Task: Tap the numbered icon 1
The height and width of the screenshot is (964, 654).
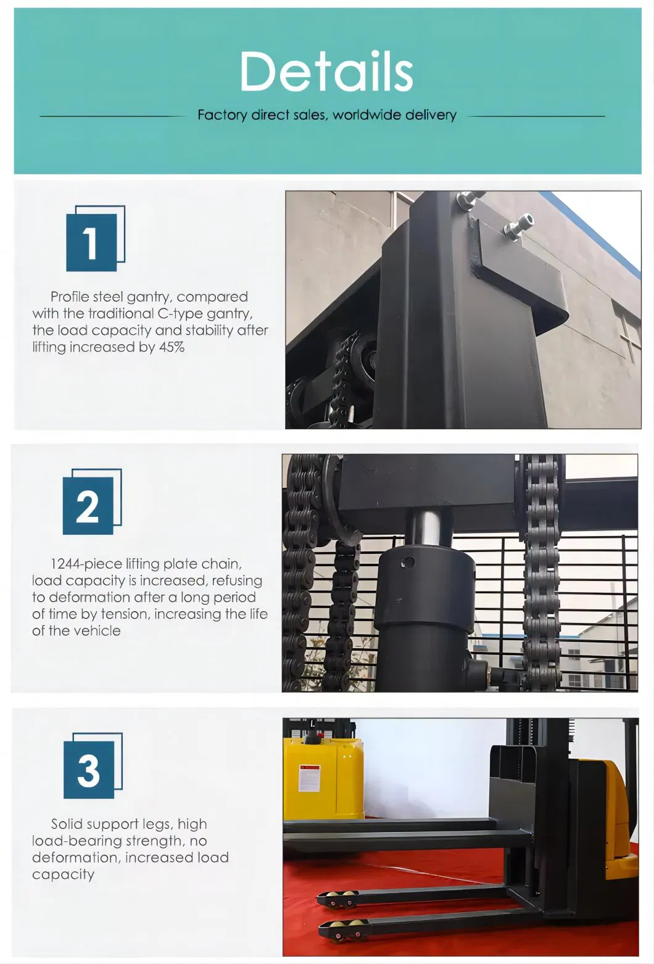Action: (x=95, y=239)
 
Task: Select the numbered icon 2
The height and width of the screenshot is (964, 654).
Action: (x=92, y=501)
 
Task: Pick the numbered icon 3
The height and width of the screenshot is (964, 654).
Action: (x=93, y=765)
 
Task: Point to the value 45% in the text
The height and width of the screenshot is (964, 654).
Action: (x=172, y=347)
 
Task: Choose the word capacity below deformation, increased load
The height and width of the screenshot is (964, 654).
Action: (x=63, y=875)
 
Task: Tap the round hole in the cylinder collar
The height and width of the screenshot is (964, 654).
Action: (x=407, y=562)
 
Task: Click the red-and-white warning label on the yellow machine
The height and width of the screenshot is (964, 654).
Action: (x=309, y=778)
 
